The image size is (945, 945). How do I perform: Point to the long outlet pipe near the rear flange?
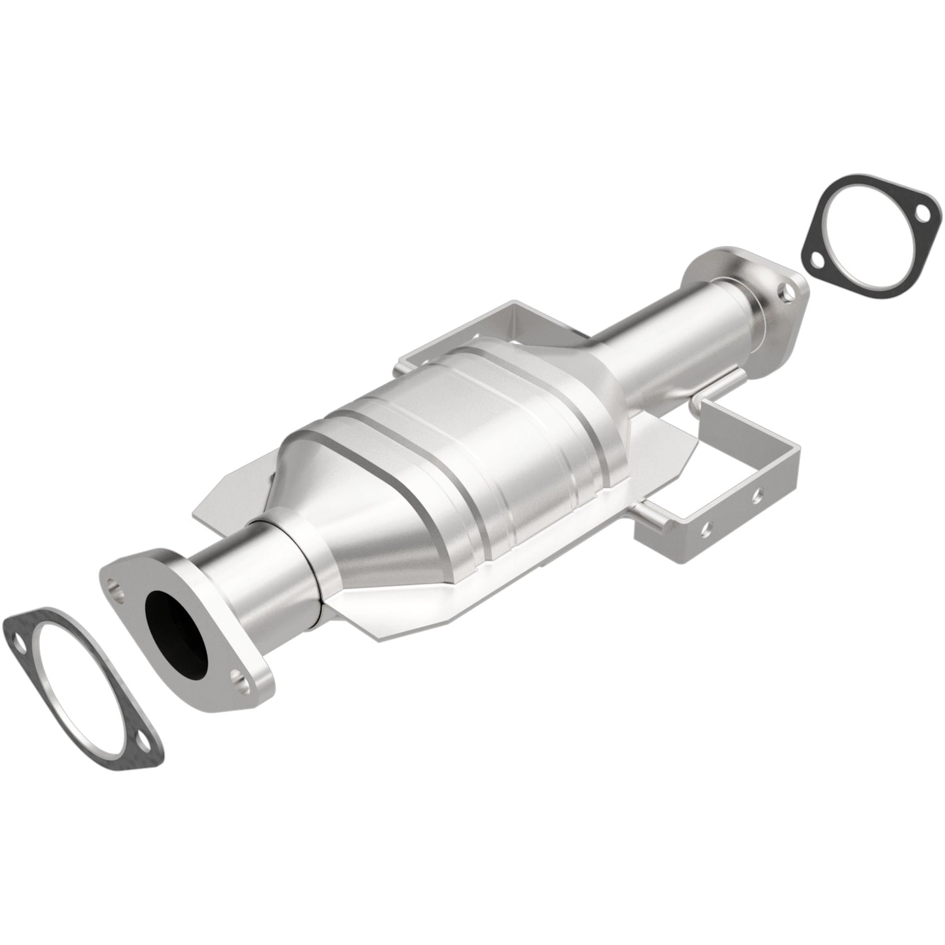[x=674, y=340]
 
